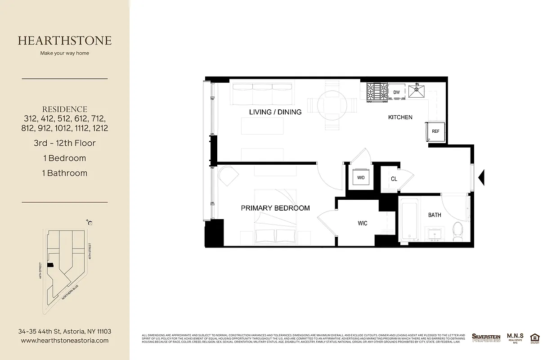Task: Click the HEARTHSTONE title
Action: click(65, 40)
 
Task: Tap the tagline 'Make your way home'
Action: click(65, 53)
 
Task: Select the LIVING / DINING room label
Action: click(275, 112)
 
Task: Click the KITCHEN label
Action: click(400, 117)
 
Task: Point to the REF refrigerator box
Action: click(435, 131)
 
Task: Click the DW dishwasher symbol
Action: click(396, 92)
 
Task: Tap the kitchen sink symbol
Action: click(417, 91)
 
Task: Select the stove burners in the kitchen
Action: click(377, 92)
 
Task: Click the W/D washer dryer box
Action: click(361, 178)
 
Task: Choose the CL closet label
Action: click(394, 179)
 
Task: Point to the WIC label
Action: click(363, 223)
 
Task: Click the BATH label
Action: click(435, 215)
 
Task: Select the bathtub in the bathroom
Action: click(409, 220)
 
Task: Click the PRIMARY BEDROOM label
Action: click(275, 208)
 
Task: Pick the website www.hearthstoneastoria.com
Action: click(65, 341)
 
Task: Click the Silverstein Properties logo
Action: click(486, 338)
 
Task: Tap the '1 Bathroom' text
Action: click(65, 173)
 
